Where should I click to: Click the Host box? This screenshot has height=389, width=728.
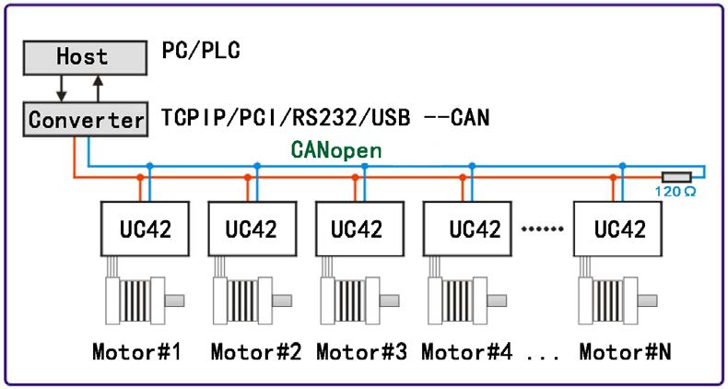coord(86,57)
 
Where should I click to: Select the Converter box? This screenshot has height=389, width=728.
coord(86,119)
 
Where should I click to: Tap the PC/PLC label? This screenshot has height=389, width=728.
coord(201,51)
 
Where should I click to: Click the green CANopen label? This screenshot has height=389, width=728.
coord(336,150)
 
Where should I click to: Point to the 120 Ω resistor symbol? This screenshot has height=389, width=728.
coord(677,177)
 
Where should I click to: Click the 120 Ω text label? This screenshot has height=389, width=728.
coord(675,191)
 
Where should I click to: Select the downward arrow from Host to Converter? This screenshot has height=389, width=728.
coord(62,88)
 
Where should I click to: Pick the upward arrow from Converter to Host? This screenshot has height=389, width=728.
coord(98,88)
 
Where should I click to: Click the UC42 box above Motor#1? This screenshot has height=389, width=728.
coord(145,229)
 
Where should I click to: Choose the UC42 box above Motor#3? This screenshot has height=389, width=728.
coord(359,229)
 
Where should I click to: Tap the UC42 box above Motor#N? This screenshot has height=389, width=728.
coord(618,229)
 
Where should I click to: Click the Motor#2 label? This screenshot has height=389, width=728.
coord(256,351)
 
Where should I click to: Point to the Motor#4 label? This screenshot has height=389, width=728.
coord(467,351)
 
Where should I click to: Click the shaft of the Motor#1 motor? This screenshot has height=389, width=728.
coord(174,301)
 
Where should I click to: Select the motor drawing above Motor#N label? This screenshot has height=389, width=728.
coord(617,301)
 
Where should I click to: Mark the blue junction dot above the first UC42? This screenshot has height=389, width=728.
coord(149,166)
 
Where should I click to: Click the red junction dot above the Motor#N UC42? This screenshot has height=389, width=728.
coord(614,177)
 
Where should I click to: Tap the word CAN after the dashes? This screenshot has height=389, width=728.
coord(469,118)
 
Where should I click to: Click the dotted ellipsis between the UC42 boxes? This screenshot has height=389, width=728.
coord(543,229)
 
